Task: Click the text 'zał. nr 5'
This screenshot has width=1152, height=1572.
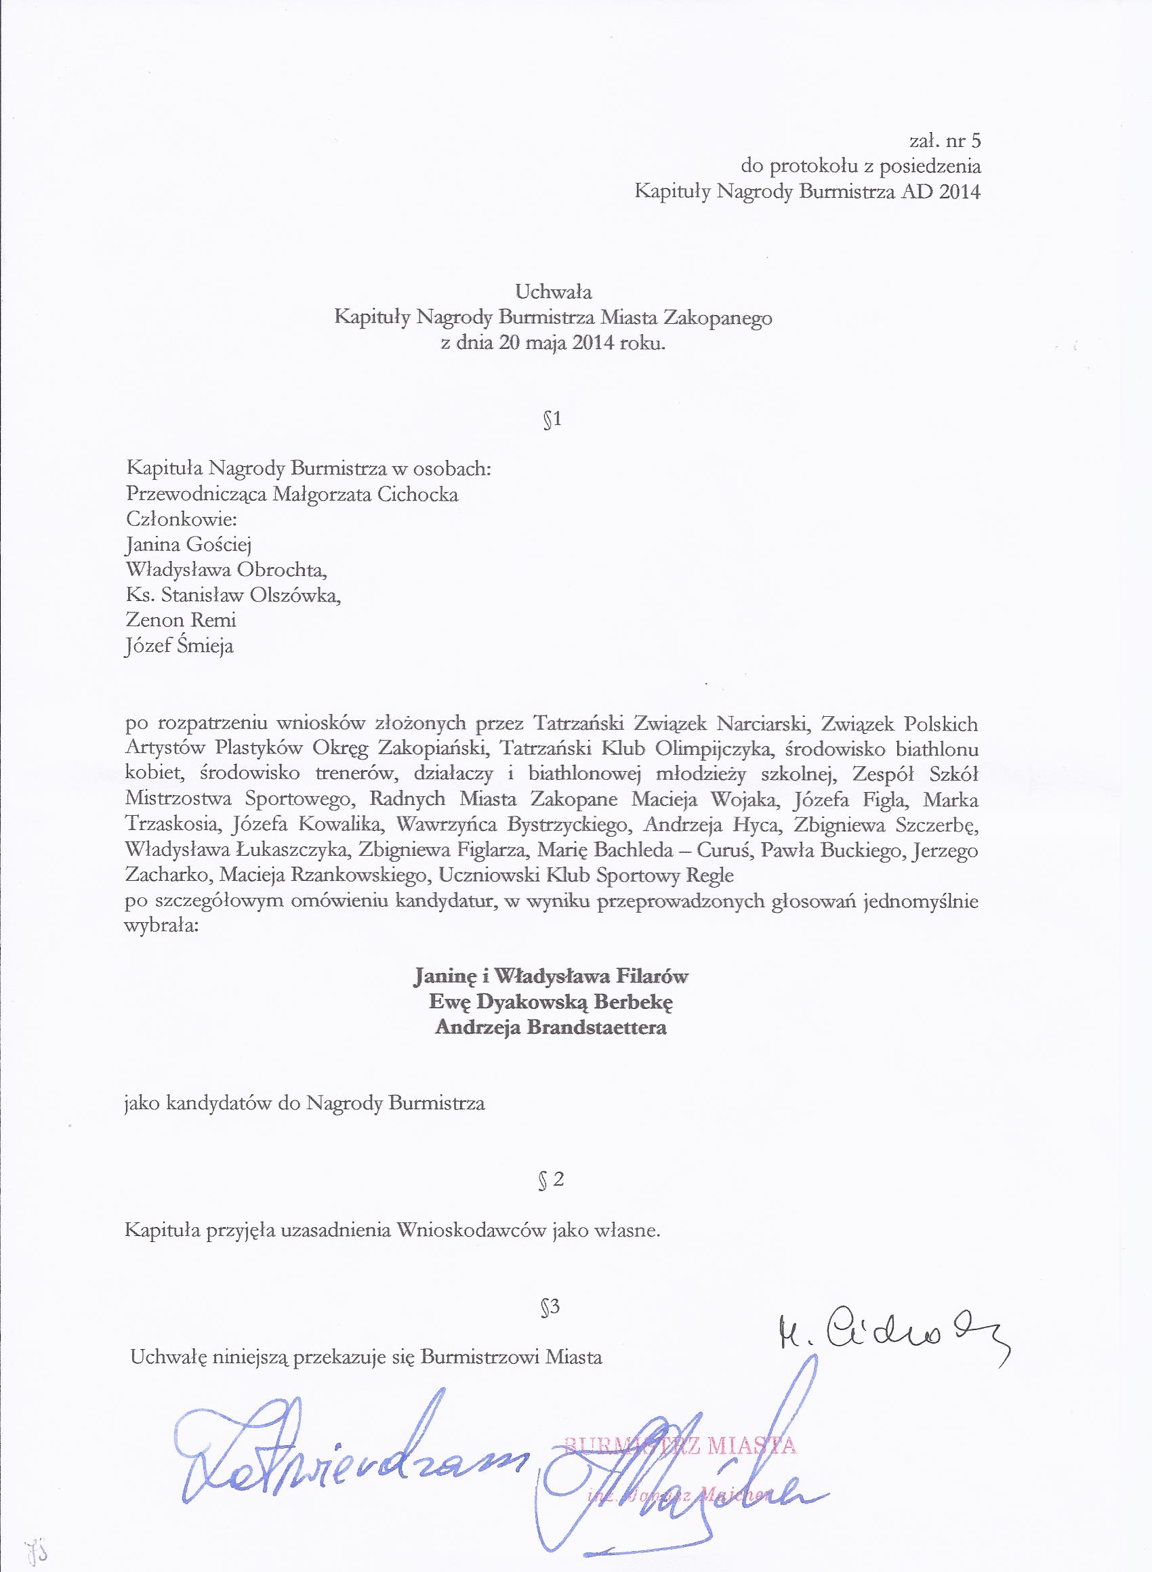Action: (945, 141)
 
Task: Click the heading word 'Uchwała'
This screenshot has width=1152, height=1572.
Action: (553, 291)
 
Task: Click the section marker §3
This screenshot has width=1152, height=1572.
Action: (551, 1306)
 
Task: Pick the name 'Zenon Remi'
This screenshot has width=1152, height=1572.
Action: (181, 620)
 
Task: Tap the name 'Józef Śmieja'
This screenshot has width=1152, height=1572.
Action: (179, 646)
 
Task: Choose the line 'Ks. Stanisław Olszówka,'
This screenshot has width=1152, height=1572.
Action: (234, 595)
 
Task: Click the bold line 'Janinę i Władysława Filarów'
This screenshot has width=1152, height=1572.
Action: (551, 975)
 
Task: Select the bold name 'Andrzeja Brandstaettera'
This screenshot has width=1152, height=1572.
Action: (550, 1027)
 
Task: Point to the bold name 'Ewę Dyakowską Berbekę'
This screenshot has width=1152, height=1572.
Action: (551, 1001)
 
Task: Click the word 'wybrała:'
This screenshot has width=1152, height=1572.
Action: (161, 926)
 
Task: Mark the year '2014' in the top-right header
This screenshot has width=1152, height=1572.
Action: (960, 192)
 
